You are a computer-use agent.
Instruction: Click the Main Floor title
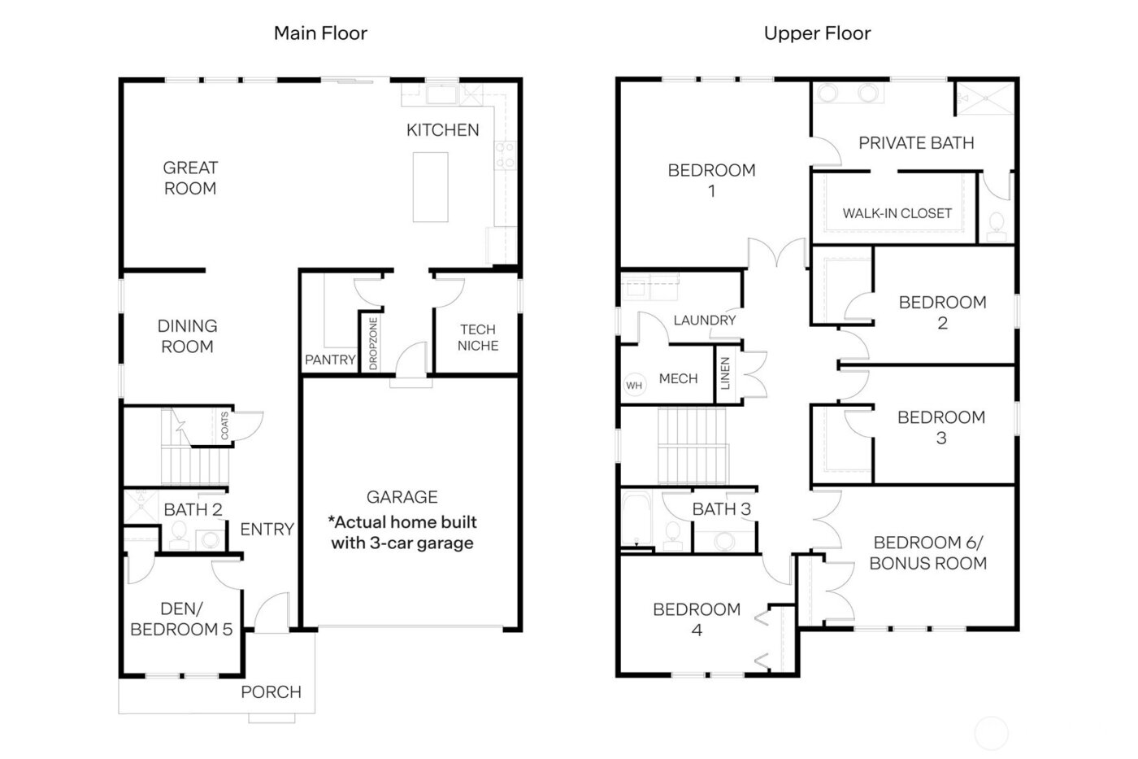320,33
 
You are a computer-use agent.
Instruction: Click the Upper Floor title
817,33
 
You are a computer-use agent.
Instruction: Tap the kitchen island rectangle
430,186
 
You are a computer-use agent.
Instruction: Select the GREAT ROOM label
190,178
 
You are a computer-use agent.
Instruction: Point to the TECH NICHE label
478,338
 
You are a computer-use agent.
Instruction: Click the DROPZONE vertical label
373,344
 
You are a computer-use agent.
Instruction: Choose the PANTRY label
330,360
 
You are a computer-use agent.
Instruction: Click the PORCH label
271,692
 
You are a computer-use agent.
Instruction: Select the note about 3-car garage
402,533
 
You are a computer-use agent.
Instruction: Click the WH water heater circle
634,386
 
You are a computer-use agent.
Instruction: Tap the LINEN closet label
725,373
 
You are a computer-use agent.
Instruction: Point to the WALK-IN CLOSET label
897,213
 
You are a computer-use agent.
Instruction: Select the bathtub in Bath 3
634,519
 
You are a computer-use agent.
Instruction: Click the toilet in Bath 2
179,535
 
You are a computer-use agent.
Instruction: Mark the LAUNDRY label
704,321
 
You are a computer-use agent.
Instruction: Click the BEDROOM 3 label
941,427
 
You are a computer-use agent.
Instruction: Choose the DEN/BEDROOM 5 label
181,619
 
